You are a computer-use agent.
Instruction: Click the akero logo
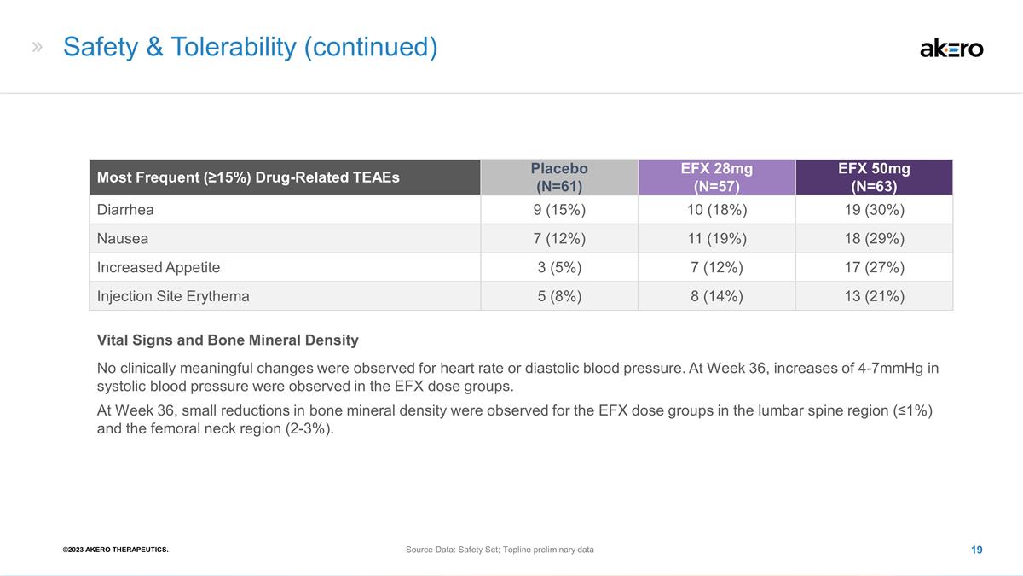point(951,49)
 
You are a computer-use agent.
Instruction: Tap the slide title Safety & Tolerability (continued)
point(251,47)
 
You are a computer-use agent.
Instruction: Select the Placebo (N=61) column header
point(559,177)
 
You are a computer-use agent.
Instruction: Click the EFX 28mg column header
point(717,177)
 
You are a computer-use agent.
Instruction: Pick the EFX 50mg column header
point(874,177)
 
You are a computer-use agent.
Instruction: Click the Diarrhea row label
point(125,210)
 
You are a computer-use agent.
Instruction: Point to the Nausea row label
point(123,239)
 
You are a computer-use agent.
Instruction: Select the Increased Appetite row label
point(158,267)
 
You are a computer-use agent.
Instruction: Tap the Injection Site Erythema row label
point(173,296)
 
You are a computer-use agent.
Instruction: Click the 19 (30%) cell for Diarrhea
point(874,210)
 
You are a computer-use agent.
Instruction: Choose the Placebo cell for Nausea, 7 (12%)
point(559,239)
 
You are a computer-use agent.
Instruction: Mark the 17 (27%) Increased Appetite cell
point(874,267)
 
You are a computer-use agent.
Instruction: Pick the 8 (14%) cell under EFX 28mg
point(717,296)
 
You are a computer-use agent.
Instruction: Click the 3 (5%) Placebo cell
point(559,267)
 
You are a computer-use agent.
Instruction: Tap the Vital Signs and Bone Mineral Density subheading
point(228,340)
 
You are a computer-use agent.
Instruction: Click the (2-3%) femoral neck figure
point(309,428)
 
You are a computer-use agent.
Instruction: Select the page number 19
point(976,550)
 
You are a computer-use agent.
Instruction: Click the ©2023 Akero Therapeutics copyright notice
point(116,550)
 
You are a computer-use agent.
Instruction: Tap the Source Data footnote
point(500,550)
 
